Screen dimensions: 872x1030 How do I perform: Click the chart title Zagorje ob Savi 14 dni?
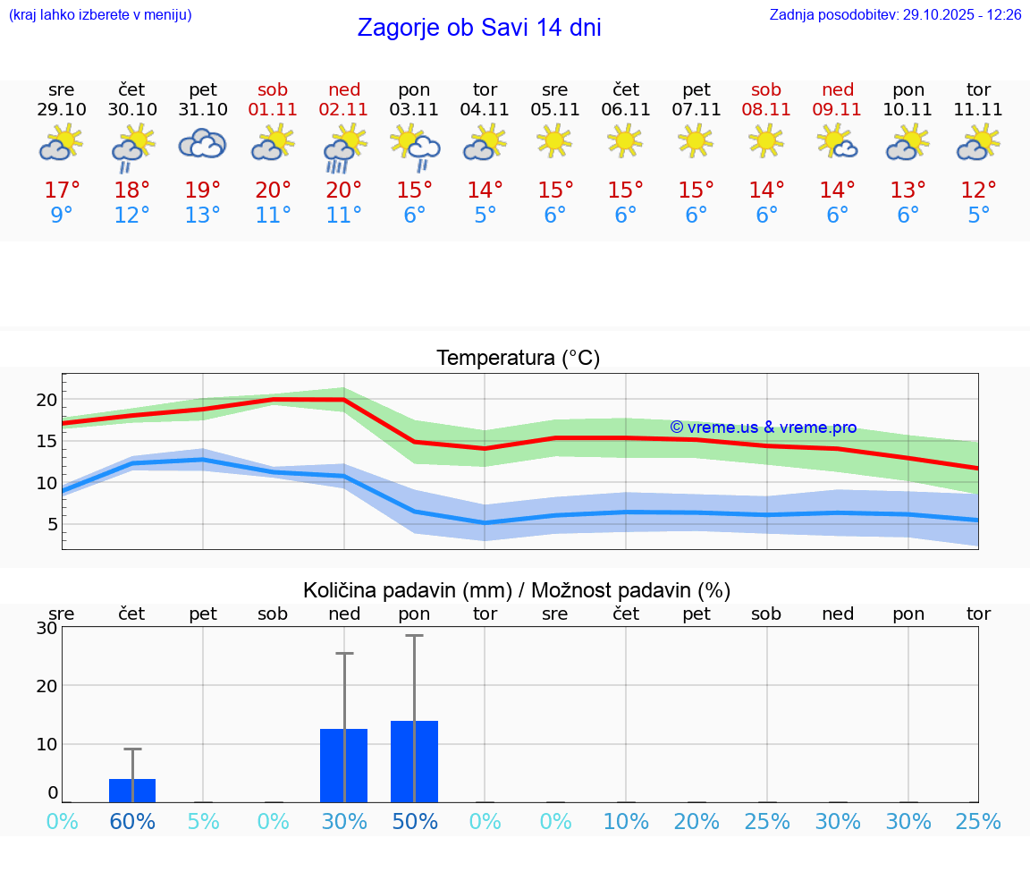pos(479,28)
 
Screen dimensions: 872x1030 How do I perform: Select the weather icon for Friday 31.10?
pos(203,144)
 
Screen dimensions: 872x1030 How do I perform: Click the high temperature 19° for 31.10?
pos(203,190)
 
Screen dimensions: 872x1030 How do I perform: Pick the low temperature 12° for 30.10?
pos(132,216)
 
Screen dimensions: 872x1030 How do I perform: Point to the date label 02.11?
pos(344,110)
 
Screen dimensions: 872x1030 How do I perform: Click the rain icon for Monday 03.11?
pos(415,146)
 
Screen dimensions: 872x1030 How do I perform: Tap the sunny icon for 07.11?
pos(696,140)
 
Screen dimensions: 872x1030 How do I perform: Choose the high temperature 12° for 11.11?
pos(978,190)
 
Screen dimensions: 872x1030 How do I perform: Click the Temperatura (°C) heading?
pos(518,359)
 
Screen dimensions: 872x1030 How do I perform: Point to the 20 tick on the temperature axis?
pos(46,400)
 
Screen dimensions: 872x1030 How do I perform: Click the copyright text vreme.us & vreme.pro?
pos(764,428)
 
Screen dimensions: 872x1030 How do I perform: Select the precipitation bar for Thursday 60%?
pos(132,791)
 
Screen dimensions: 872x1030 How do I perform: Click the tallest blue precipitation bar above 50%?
pos(414,761)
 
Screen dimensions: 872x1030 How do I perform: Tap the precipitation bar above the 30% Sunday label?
pos(344,766)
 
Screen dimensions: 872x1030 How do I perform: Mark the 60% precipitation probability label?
pos(132,822)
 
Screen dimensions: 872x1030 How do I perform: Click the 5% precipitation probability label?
pos(203,822)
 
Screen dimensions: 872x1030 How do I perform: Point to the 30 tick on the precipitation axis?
pos(46,628)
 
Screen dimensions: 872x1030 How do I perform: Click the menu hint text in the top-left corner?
pos(100,15)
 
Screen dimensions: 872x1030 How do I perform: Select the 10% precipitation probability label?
pos(626,822)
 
